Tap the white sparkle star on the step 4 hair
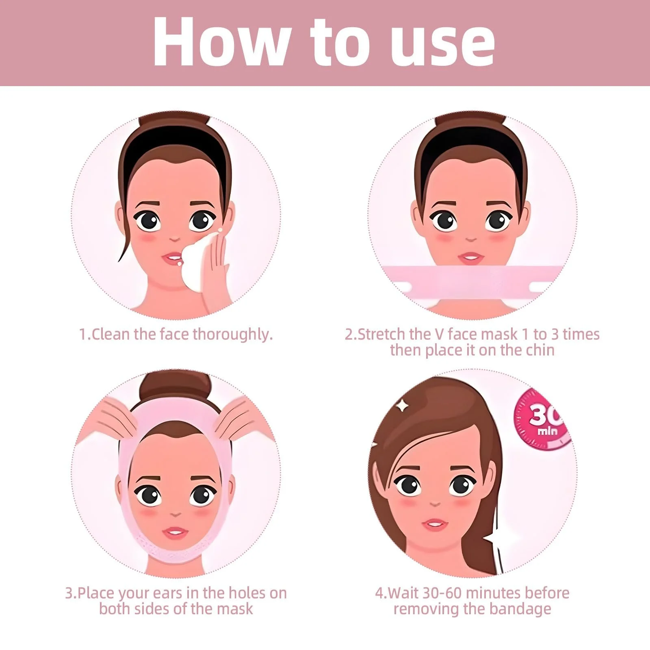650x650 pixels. [x=403, y=405]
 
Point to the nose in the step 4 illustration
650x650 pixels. [x=435, y=504]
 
